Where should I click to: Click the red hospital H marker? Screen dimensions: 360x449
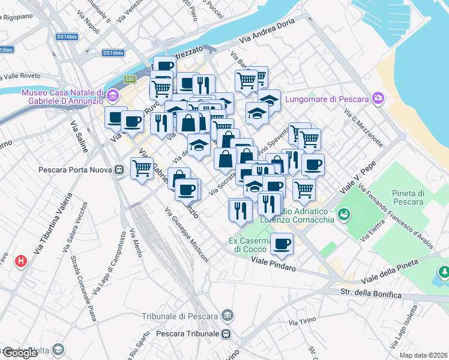pyautogui.click(x=22, y=262)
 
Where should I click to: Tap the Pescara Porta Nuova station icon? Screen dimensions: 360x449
pyautogui.click(x=120, y=170)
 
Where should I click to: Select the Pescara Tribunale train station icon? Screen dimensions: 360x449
pyautogui.click(x=226, y=334)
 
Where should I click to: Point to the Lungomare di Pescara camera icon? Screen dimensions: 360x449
pyautogui.click(x=378, y=98)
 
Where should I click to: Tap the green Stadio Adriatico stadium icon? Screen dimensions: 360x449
pyautogui.click(x=344, y=213)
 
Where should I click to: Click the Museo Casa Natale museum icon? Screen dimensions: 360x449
pyautogui.click(x=112, y=95)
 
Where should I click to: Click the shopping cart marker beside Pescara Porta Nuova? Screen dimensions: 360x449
pyautogui.click(x=142, y=169)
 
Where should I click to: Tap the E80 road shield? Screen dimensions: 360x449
pyautogui.click(x=130, y=79)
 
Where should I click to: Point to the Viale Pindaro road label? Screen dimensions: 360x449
pyautogui.click(x=273, y=264)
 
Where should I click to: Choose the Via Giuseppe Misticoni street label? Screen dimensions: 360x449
pyautogui.click(x=187, y=236)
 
